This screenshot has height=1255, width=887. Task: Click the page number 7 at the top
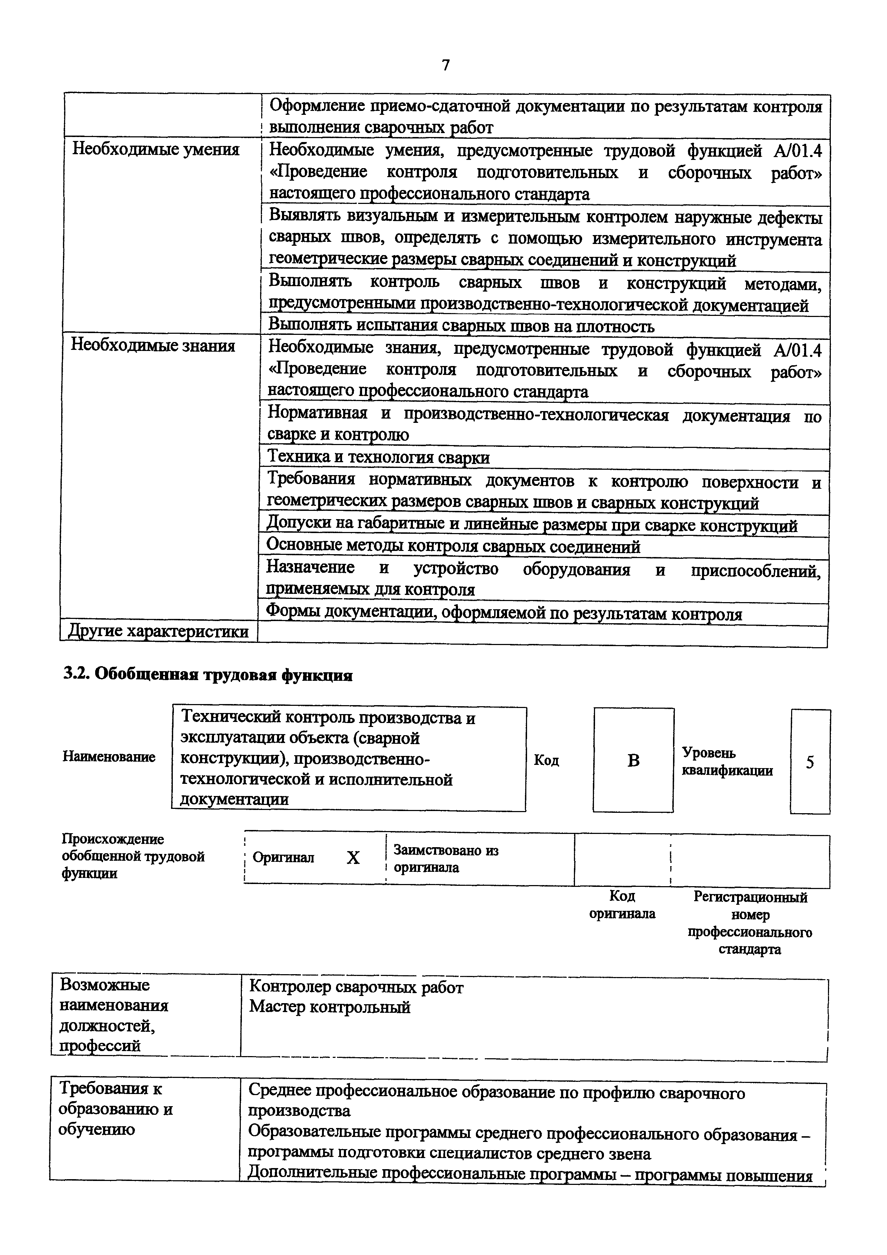(x=445, y=65)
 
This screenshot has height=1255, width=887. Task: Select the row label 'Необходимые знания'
(x=153, y=346)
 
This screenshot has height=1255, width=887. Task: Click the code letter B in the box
(x=633, y=760)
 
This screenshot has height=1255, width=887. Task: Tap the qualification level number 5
(x=810, y=762)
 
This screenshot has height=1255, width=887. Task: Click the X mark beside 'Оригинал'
(x=353, y=858)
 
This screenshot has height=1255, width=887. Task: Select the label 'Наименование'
(x=109, y=757)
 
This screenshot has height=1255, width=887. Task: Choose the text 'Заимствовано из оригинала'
(x=446, y=859)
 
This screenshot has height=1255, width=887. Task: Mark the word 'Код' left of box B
(x=546, y=760)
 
